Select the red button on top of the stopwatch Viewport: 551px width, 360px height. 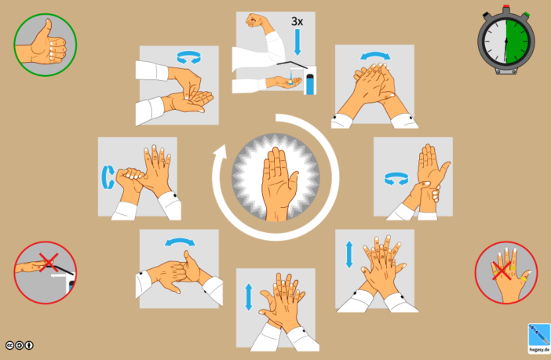505,10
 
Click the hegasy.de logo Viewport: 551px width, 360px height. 538,336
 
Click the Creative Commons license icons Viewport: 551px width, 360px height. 20,344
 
